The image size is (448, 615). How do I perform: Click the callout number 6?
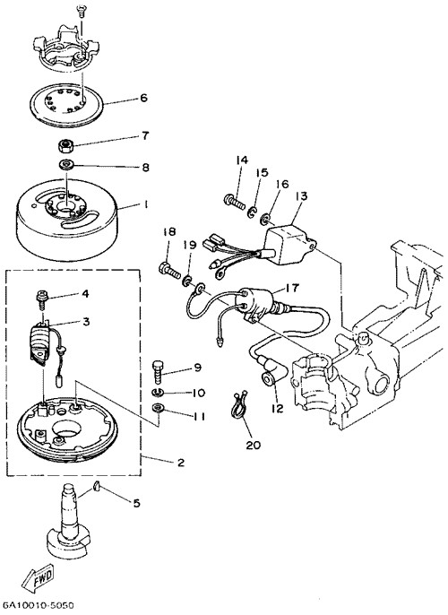click(x=144, y=98)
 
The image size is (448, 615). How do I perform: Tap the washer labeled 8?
click(x=67, y=165)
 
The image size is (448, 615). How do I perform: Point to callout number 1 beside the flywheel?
click(x=145, y=204)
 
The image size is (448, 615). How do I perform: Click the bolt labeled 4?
click(x=41, y=298)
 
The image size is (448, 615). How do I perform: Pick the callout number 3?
click(x=86, y=322)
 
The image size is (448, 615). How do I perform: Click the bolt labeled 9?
click(x=157, y=371)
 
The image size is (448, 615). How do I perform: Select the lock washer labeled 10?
click(x=157, y=392)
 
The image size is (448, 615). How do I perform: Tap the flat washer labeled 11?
click(x=158, y=408)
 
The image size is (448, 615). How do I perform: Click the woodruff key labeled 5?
click(x=98, y=487)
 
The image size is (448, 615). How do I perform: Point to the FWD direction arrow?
click(x=39, y=579)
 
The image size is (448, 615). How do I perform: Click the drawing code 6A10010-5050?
click(x=38, y=606)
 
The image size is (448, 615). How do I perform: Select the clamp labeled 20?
click(x=239, y=406)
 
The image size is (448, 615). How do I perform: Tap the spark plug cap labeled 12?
click(x=269, y=378)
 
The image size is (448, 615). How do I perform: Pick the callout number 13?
click(x=302, y=195)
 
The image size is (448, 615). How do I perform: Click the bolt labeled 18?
click(x=169, y=270)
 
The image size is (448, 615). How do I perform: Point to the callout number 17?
click(x=292, y=288)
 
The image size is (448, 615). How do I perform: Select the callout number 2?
click(x=180, y=463)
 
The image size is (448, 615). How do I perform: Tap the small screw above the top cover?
click(x=81, y=11)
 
